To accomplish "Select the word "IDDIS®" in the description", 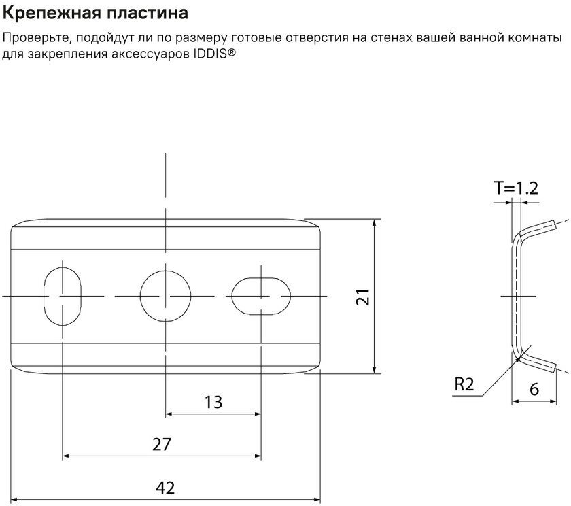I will coord(215,53).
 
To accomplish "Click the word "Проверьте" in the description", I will coord(33,39).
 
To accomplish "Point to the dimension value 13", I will coord(213,402).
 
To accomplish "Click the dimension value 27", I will coord(162,445).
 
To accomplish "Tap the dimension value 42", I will coord(165,488).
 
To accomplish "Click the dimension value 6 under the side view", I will coord(534,390).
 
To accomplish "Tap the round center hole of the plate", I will coord(165,296).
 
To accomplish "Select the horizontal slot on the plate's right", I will coord(262,296).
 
